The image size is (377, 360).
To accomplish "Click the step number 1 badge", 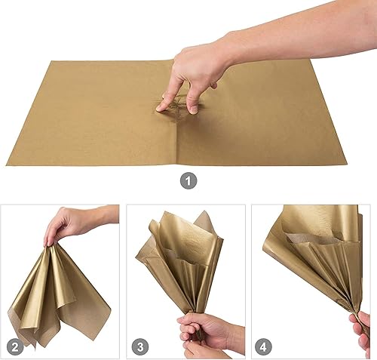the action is tap(188, 181).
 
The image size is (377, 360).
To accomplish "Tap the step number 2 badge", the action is tap(15, 347).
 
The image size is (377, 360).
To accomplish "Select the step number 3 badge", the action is tap(140, 347).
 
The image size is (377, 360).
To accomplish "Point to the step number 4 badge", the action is tap(263, 347).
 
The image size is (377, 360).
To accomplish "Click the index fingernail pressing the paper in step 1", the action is tap(159, 109).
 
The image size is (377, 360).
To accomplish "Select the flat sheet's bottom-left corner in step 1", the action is tap(6, 165).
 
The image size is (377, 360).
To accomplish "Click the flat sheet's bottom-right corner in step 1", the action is tap(347, 165).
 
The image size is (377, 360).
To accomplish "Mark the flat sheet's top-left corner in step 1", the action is tap(51, 60).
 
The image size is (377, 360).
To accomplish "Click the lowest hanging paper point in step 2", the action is tap(35, 348).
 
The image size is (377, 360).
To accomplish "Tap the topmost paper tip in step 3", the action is tap(204, 211).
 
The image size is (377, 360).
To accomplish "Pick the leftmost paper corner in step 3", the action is tap(136, 257).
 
